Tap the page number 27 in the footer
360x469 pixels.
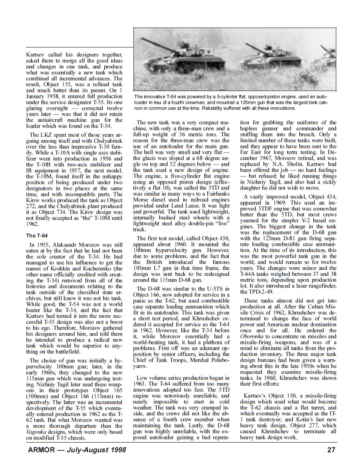pyautogui.click(x=332, y=451)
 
